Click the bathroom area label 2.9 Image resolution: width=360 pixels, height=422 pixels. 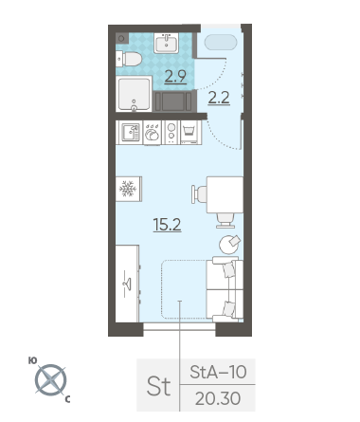click(175, 76)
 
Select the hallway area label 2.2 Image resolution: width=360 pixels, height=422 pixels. click(219, 98)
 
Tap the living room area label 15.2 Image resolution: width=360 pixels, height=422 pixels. click(167, 225)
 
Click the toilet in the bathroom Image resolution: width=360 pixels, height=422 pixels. click(129, 59)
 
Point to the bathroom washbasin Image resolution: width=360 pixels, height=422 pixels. click(166, 43)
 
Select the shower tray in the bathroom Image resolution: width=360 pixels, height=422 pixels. click(135, 94)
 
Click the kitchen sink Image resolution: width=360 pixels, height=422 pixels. click(130, 133)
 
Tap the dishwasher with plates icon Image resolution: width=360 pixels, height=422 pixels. click(153, 133)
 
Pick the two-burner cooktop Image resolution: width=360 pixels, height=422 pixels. click(171, 133)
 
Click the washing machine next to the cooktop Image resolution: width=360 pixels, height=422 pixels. click(190, 133)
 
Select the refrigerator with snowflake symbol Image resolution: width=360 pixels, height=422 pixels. click(129, 189)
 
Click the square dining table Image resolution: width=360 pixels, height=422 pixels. click(225, 194)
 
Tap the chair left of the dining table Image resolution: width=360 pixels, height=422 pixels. click(199, 194)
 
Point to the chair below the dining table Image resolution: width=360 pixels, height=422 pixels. click(225, 220)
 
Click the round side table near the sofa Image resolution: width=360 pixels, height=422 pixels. click(230, 245)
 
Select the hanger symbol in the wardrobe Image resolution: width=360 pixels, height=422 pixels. click(128, 284)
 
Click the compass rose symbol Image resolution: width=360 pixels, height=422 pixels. click(50, 380)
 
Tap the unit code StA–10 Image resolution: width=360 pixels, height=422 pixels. click(218, 372)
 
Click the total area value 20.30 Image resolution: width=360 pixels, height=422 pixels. click(218, 398)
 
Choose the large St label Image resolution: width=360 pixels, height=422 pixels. click(158, 386)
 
